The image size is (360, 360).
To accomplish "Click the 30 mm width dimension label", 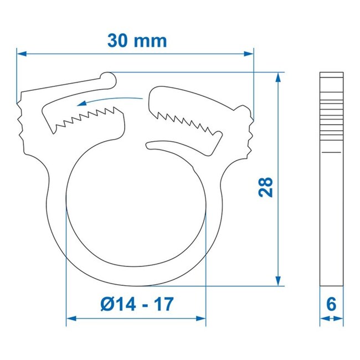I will click(x=136, y=40).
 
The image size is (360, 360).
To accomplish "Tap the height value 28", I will click(x=266, y=187).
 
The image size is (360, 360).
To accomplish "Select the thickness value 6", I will click(x=331, y=304).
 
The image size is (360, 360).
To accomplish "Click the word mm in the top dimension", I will click(x=151, y=40).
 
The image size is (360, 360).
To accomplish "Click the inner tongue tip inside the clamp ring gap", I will click(x=151, y=146).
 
